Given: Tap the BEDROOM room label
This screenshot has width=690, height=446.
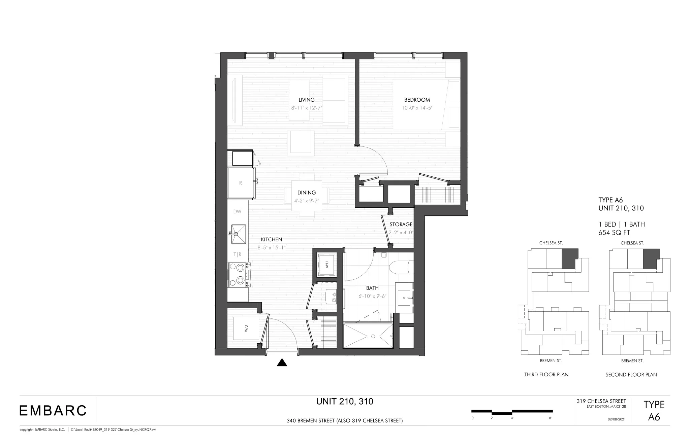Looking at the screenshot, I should tap(417, 100).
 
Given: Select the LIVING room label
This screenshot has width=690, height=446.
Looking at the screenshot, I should tap(306, 100).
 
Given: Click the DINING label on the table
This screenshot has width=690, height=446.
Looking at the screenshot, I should tap(306, 193).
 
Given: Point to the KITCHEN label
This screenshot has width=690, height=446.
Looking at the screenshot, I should tap(271, 240).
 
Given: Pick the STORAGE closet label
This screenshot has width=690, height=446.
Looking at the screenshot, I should tap(401, 225).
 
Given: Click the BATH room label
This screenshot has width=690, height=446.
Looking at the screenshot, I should tap(372, 288).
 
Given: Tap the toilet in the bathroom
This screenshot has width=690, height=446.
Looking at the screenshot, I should tap(401, 268).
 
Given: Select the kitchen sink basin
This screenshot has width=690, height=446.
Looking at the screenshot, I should tap(239, 233).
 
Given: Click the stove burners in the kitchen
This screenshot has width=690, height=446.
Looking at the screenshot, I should tap(239, 274).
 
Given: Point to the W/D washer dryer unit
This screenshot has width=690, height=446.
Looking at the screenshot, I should tap(246, 328).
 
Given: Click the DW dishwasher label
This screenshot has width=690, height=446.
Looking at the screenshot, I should tap(237, 212).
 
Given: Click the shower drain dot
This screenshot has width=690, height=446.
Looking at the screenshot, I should tap(373, 336).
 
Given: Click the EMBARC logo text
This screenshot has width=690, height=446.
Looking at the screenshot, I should tap(53, 411).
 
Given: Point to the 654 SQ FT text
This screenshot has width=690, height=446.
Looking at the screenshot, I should tap(614, 233).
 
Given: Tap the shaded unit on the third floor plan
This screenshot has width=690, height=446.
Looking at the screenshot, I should tap(570, 258).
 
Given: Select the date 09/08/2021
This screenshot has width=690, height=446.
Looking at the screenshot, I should tap(617, 419).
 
